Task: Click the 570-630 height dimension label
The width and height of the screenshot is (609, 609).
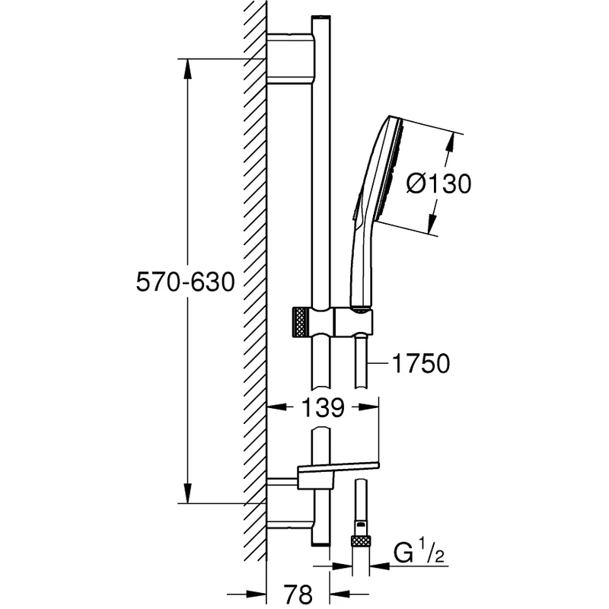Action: tap(183, 282)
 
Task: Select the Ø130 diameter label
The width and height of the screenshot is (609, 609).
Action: tap(439, 183)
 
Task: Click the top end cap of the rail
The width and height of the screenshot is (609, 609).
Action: tap(320, 18)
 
